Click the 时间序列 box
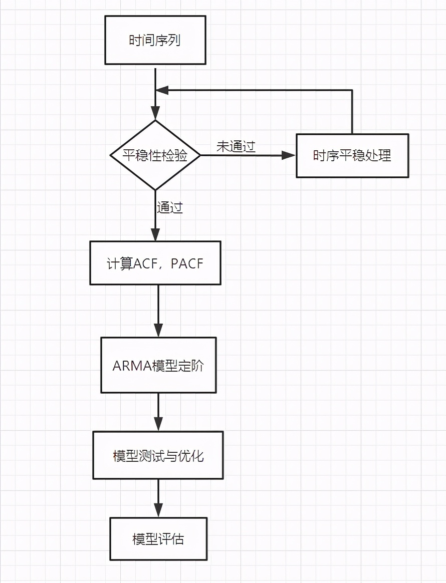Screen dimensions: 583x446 pos(155,40)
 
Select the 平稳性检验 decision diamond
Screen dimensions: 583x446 pos(155,155)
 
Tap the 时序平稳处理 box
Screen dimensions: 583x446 pos(352,156)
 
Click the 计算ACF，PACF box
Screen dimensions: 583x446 pos(155,263)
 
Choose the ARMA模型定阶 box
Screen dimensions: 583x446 pos(158,365)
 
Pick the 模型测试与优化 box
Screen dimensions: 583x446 pos(158,455)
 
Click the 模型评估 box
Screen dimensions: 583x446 pos(158,538)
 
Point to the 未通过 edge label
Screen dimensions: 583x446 pos(236,147)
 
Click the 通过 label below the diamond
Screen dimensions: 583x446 pos(170,207)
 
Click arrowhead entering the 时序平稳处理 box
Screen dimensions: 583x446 pos(289,155)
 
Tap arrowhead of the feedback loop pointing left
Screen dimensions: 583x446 pos(161,90)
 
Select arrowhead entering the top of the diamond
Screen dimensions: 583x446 pos(155,114)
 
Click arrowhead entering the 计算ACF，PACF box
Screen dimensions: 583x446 pos(155,235)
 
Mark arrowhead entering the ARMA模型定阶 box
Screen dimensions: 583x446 pos(158,331)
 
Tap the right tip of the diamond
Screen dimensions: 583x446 pos(200,155)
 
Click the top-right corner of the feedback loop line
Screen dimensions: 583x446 pos(352,90)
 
